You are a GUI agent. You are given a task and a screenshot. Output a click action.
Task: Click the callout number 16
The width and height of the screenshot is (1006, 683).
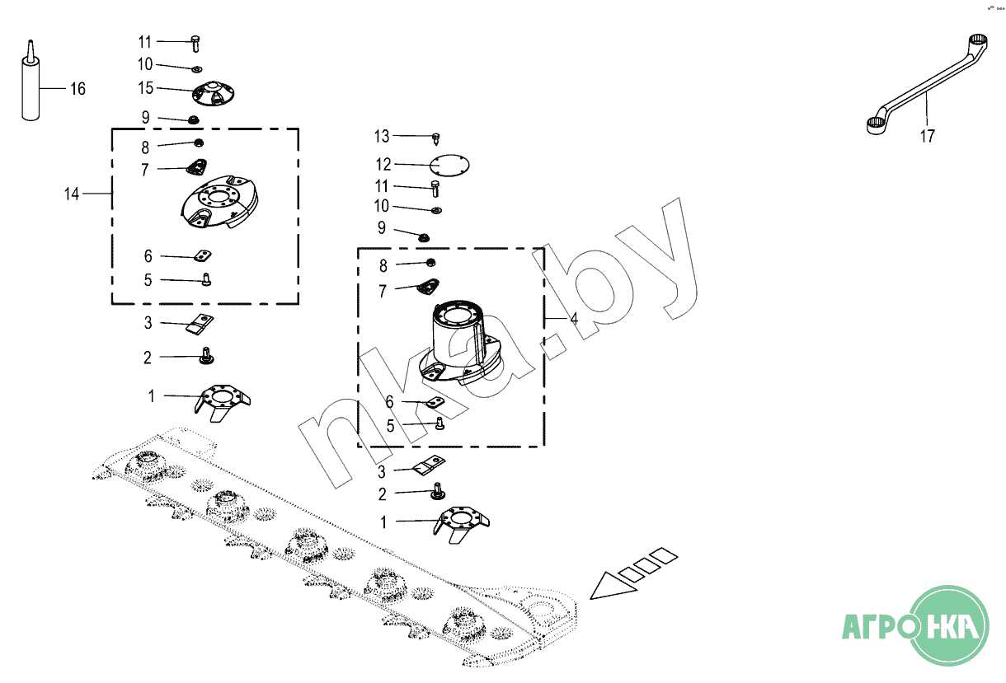[x=77, y=89]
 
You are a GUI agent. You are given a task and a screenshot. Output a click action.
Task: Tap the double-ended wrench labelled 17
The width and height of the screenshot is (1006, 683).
[x=924, y=82]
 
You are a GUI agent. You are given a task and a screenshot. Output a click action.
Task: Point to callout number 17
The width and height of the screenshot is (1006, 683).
[x=928, y=137]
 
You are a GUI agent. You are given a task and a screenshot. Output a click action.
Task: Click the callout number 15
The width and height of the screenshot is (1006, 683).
[x=146, y=87]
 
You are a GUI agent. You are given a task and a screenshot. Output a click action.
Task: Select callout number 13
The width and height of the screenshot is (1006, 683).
[x=381, y=136]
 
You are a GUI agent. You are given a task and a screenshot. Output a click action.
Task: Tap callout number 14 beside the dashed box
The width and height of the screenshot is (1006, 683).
[x=72, y=194]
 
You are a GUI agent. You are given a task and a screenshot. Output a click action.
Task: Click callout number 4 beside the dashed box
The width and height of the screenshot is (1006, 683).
[x=573, y=318]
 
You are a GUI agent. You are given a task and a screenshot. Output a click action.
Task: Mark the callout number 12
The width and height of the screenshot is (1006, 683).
[x=383, y=165]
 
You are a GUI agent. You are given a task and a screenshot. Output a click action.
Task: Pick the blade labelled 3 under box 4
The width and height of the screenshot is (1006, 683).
[x=430, y=467]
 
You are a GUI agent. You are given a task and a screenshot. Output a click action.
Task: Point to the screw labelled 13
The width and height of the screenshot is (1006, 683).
[x=435, y=136]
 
